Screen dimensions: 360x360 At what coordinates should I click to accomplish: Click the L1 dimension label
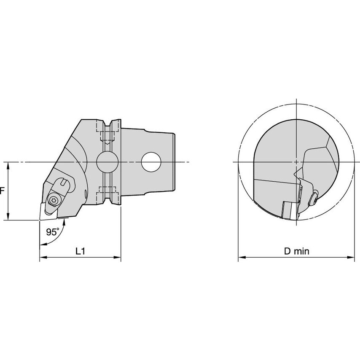pos(81,251)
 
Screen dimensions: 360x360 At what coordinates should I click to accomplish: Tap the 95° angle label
pos(53,232)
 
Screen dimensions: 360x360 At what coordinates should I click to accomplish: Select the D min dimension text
pos(297,251)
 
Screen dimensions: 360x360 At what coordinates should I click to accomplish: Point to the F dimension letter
pos(2,191)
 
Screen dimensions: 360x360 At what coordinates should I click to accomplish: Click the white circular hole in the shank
pos(151,162)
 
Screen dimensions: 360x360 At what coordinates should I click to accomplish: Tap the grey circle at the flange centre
pos(107,162)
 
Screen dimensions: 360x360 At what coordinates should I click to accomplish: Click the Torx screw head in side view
pos(54,200)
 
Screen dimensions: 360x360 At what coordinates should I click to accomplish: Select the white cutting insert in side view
pos(48,212)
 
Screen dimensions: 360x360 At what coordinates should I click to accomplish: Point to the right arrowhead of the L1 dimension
pos(117,258)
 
